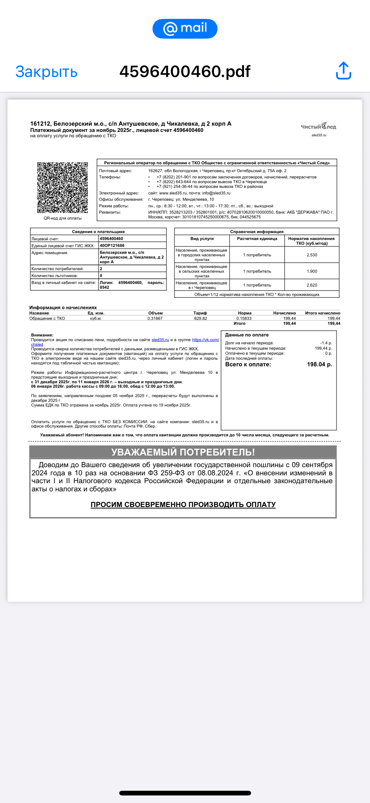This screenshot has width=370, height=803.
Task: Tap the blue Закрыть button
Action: click(46, 72)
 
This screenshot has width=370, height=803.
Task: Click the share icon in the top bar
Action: click(343, 71)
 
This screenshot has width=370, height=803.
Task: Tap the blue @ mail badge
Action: click(185, 29)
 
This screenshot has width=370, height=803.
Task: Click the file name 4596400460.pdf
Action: click(185, 72)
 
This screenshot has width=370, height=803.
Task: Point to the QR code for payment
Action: click(62, 188)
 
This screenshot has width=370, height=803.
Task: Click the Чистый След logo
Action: click(319, 127)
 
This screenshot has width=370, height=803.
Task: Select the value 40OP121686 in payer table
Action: click(112, 245)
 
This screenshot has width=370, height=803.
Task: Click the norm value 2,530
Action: click(312, 255)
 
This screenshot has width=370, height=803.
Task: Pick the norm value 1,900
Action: click(312, 271)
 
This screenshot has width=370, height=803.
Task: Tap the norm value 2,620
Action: click(312, 285)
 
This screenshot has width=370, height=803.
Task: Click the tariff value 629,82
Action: click(201, 318)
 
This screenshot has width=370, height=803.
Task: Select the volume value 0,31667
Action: click(155, 318)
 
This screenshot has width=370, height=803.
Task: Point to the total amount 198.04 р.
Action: click(319, 364)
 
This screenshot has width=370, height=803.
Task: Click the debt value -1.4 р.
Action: click(326, 343)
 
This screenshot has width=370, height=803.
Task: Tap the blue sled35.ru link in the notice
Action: click(160, 340)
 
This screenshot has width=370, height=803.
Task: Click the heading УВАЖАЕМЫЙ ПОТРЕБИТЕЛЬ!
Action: click(183, 452)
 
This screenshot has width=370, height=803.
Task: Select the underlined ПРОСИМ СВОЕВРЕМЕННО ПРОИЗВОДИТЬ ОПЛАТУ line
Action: click(183, 505)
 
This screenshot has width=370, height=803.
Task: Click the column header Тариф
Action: click(200, 313)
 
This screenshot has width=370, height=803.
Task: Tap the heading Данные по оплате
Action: click(247, 335)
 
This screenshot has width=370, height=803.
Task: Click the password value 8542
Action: click(105, 287)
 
